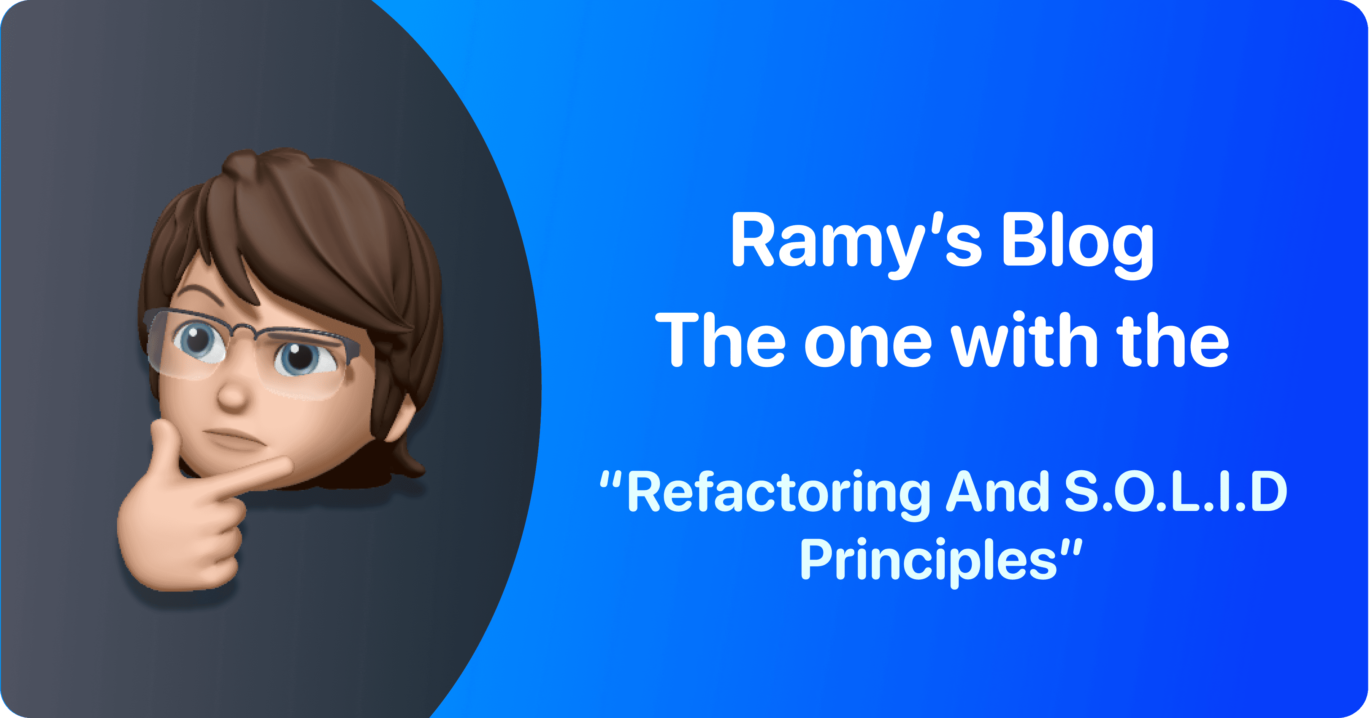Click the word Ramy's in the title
pos(856,244)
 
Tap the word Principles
pos(928,561)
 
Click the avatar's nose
pos(233,395)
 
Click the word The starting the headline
pos(720,340)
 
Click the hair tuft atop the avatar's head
pos(242,164)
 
